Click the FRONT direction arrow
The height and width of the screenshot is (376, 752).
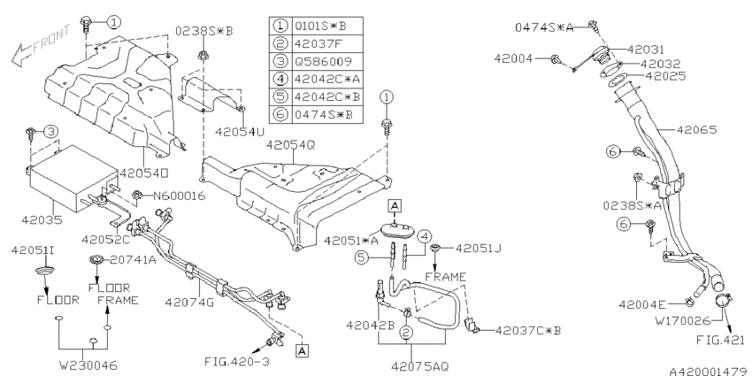[x=21, y=55]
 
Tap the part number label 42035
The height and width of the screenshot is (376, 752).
[x=42, y=220]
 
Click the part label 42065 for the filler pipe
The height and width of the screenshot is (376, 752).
[x=697, y=129]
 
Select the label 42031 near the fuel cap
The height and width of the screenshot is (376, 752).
[x=646, y=50]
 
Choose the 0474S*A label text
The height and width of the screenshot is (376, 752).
[x=544, y=27]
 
